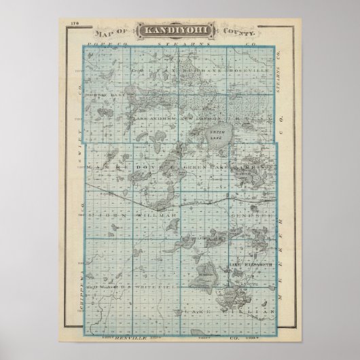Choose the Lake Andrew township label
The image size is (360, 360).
coord(153,117)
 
